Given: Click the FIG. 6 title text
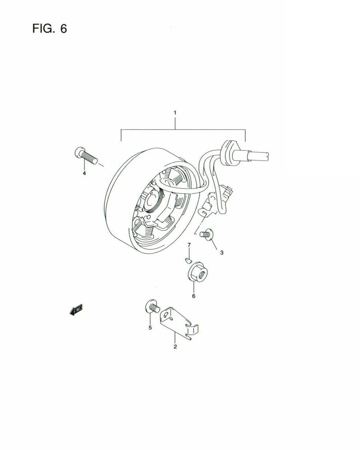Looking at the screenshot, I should tap(49, 28).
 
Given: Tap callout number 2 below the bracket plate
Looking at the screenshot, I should tap(175, 346).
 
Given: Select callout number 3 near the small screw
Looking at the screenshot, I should tap(222, 253).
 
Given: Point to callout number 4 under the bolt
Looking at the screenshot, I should tap(84, 173).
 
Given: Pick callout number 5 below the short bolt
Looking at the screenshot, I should tap(150, 328).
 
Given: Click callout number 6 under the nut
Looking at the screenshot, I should tap(193, 296).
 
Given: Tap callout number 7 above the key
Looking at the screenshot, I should tap(189, 245).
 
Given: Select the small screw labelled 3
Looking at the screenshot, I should tap(208, 234).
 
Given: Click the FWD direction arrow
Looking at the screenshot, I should tap(76, 310).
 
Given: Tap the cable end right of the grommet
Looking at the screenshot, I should tap(256, 155).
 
